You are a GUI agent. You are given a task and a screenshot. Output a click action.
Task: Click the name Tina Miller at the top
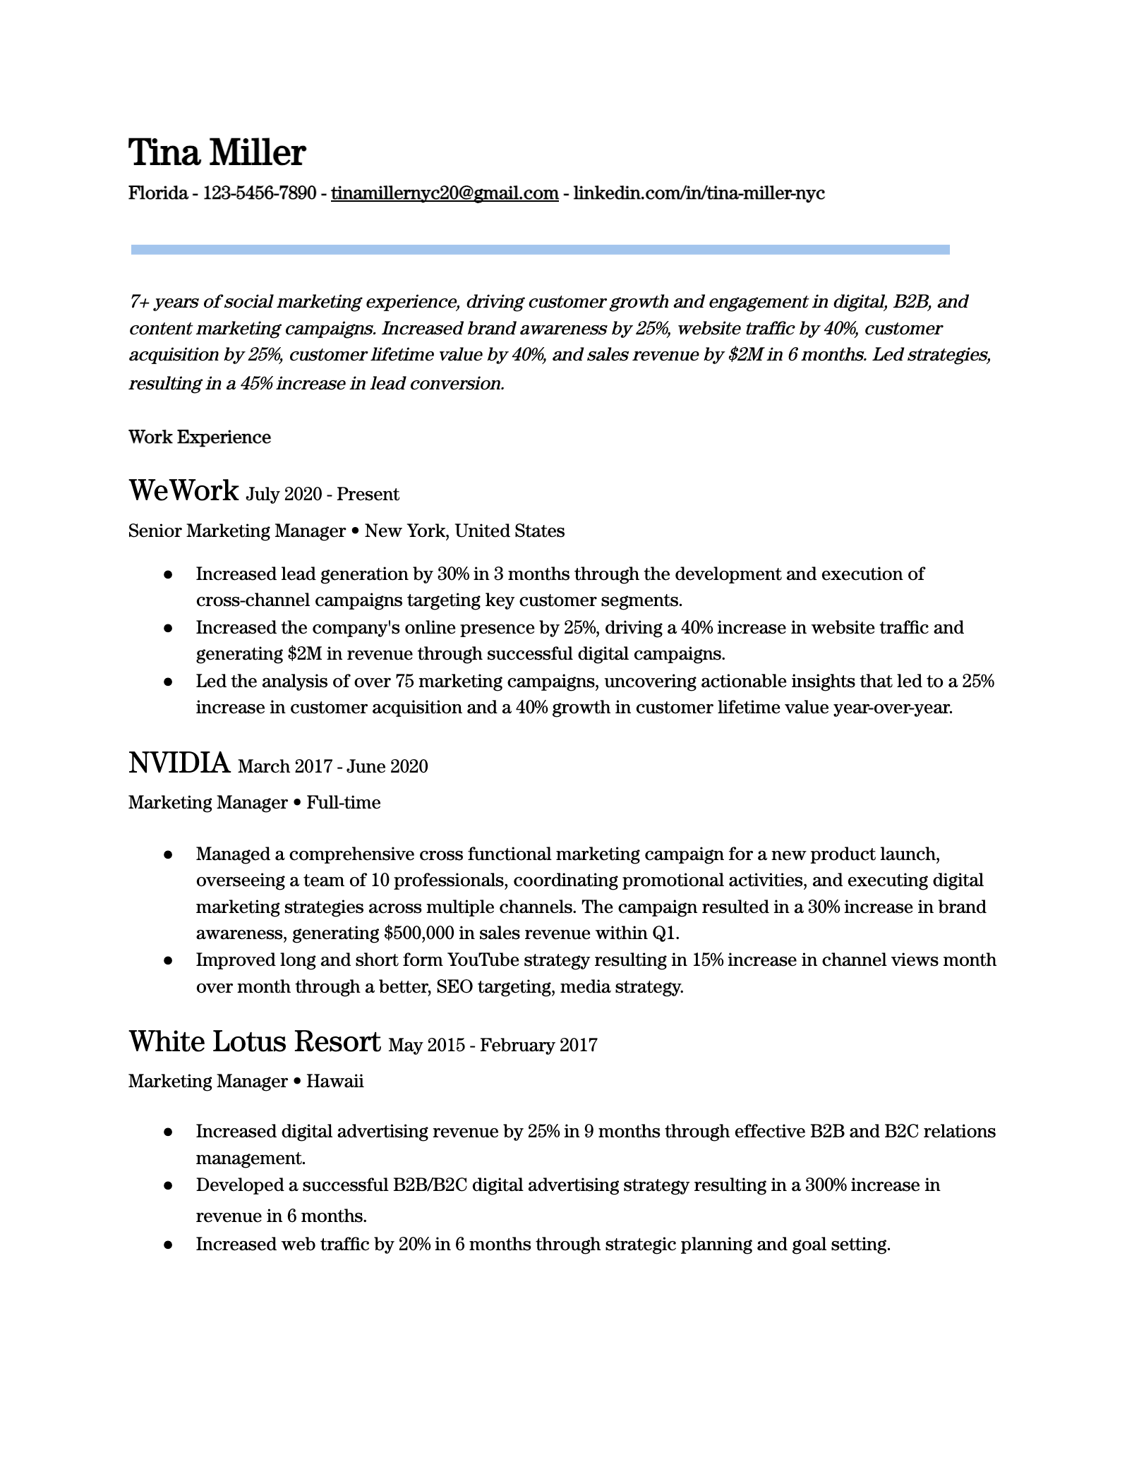[217, 152]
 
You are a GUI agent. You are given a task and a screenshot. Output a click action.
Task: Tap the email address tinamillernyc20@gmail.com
[445, 193]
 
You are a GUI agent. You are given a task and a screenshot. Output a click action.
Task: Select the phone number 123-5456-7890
[259, 193]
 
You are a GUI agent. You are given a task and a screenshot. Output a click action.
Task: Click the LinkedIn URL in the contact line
[699, 193]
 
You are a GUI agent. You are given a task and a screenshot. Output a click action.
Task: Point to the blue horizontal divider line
[540, 250]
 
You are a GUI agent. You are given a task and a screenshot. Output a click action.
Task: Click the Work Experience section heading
[200, 437]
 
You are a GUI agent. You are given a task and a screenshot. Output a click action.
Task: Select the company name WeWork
[183, 490]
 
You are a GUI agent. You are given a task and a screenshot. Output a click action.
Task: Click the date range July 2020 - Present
[323, 495]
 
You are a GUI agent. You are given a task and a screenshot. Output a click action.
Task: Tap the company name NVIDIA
[179, 763]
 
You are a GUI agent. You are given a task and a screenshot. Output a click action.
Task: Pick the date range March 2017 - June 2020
[333, 767]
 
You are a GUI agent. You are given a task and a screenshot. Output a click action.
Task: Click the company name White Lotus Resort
[254, 1041]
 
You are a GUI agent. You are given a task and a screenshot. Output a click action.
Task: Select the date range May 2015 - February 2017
[493, 1046]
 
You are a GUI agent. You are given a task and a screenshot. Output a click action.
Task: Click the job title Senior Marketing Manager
[237, 531]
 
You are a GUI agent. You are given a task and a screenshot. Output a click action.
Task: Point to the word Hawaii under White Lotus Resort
[335, 1082]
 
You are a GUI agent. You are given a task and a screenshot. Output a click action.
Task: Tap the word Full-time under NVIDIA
[343, 803]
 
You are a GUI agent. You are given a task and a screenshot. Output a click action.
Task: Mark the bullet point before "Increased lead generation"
[168, 575]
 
